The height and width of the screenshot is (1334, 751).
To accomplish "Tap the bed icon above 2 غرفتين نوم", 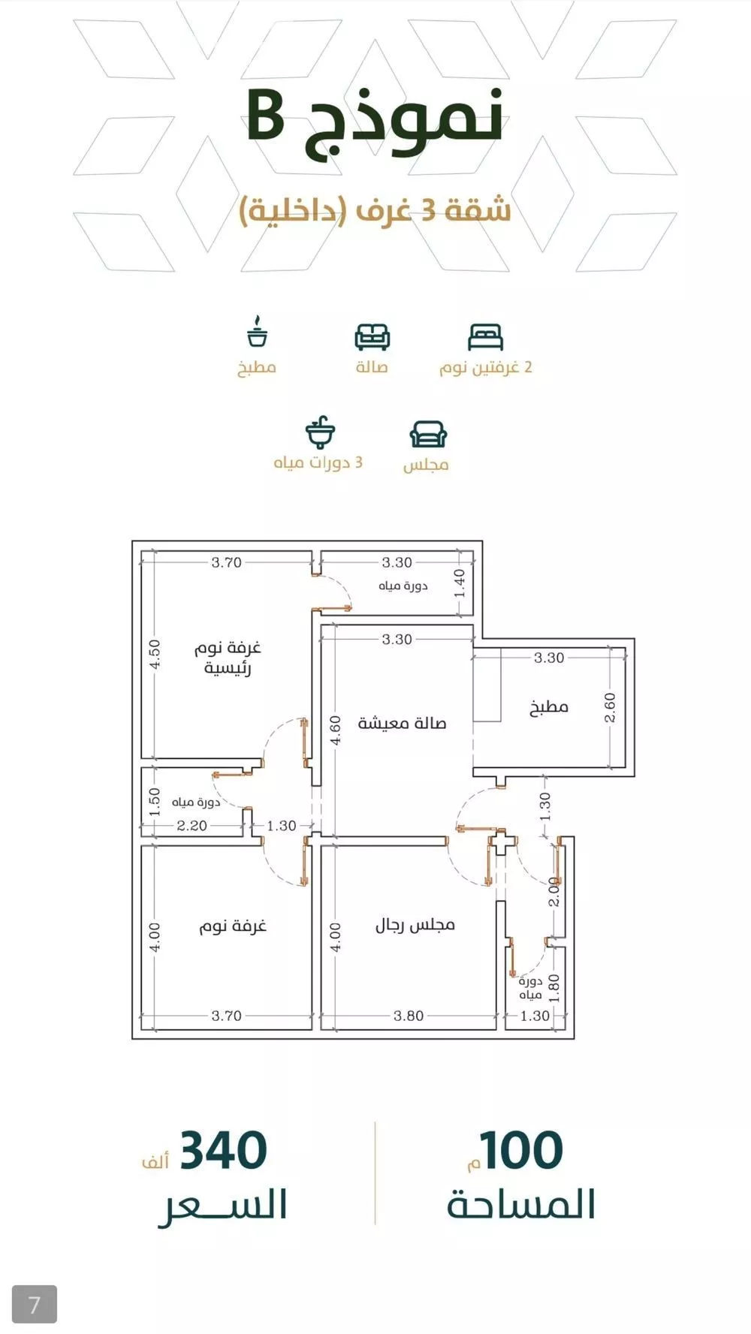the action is click(485, 337).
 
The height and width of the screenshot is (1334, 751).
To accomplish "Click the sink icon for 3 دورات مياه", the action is click(320, 432).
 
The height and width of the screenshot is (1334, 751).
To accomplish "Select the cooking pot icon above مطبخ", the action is click(258, 332).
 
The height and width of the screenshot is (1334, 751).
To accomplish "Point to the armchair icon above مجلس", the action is click(428, 434).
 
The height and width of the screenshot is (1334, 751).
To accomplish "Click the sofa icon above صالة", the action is click(372, 337).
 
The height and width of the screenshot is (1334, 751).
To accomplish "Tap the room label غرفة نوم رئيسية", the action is click(228, 658).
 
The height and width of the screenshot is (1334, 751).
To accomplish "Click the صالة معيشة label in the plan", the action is click(403, 723).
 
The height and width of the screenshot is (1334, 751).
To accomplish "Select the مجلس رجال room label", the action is click(415, 924).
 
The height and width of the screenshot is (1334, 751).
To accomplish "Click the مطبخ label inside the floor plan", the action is click(549, 706).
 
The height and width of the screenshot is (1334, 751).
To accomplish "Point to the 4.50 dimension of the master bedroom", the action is click(155, 655).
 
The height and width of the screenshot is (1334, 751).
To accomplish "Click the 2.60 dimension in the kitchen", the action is click(610, 707).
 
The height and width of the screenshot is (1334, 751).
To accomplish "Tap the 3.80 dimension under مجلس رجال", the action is click(409, 1016).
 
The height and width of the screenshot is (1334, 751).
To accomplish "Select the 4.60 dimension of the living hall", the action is click(336, 730).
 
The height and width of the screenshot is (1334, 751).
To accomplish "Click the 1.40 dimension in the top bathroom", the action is click(460, 583).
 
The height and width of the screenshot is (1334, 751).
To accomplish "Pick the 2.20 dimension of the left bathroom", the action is click(192, 826).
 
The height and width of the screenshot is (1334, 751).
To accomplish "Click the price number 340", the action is click(224, 1150).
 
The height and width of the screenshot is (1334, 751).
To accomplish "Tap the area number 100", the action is click(522, 1150).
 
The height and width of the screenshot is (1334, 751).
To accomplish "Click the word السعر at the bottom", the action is click(223, 1206).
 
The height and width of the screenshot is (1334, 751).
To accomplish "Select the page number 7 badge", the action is click(35, 1304).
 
